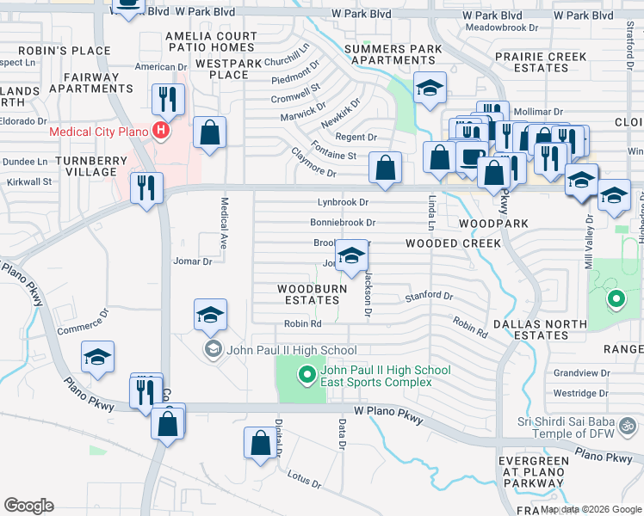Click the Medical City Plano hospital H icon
tap(159, 132)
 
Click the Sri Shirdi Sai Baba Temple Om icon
tap(629, 425)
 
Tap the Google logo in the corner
tap(28, 506)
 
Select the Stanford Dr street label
tap(429, 297)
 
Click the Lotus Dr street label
tap(304, 478)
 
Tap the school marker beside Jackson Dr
tap(350, 255)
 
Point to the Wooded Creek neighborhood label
tap(454, 243)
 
